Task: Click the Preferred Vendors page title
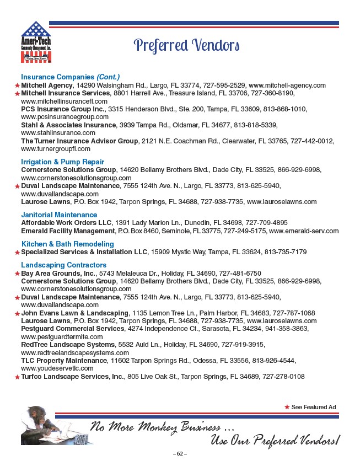click(187, 45)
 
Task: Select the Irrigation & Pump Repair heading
click(62, 162)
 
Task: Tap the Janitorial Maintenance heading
click(59, 215)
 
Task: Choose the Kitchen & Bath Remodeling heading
click(67, 244)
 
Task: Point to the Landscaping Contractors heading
click(63, 265)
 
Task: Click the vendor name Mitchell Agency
click(47, 86)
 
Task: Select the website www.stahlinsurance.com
click(58, 133)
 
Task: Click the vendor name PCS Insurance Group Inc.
click(63, 110)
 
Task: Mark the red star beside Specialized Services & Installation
click(17, 252)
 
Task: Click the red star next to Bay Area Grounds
click(17, 274)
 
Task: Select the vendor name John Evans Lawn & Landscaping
click(74, 313)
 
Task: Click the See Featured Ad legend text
click(313, 407)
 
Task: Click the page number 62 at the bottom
click(180, 454)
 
